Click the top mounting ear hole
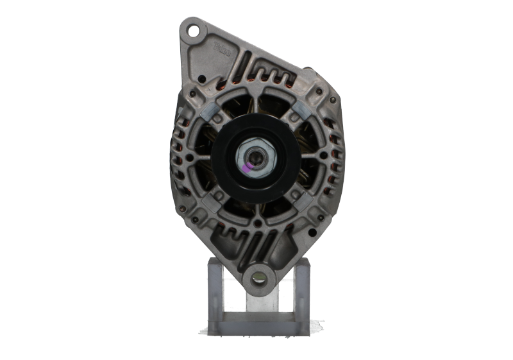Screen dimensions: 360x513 point(190,29)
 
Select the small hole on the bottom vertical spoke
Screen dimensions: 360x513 point(256,224)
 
